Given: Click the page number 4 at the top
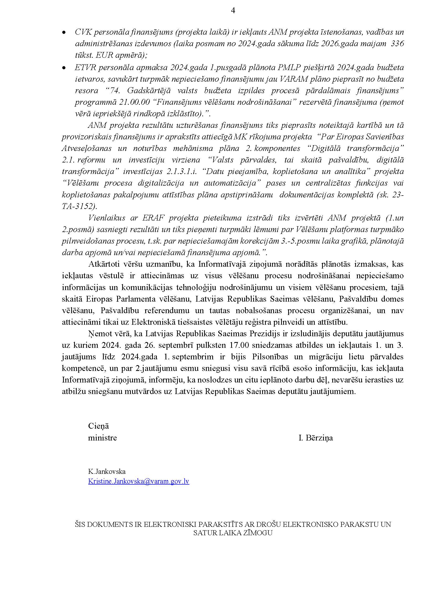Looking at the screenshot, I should point(233,11).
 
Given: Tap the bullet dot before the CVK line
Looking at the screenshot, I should point(64,32).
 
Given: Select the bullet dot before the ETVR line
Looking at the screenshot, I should point(64,68).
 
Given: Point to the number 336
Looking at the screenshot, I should point(397,44).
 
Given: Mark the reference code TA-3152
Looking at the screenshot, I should point(79,206).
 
